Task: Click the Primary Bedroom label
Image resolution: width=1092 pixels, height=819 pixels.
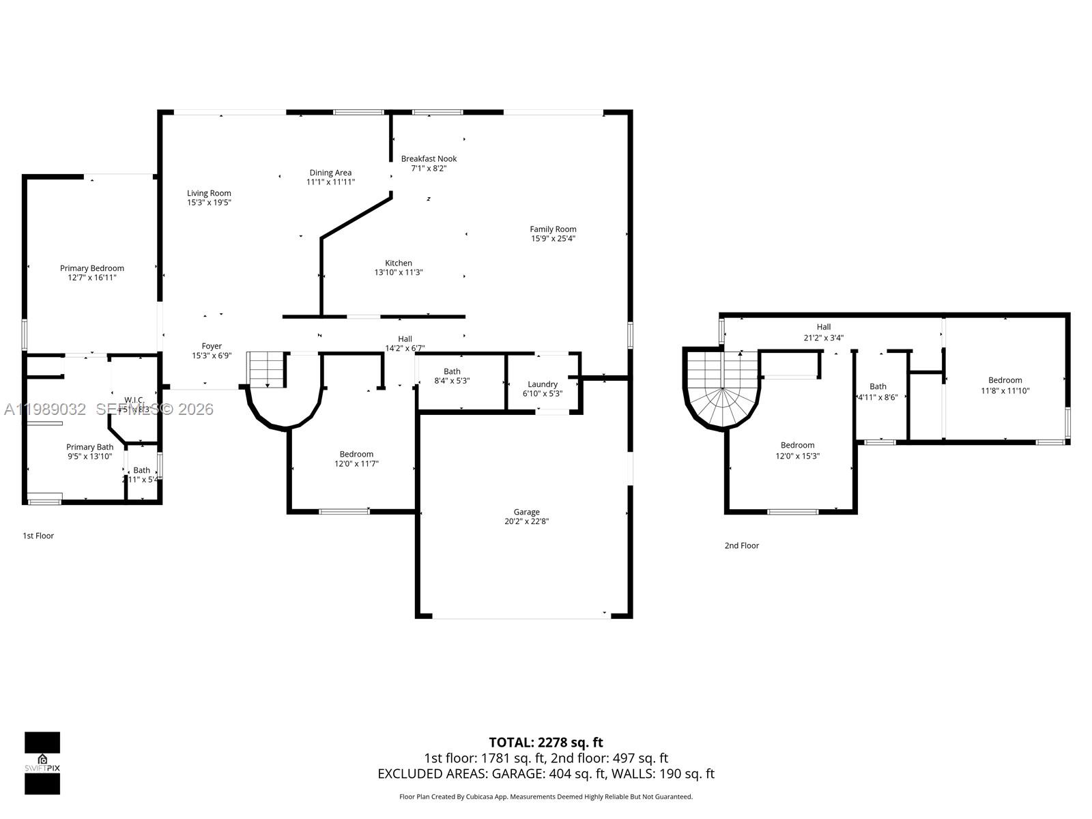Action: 92,268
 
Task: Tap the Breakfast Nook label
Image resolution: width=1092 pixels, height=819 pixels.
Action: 429,159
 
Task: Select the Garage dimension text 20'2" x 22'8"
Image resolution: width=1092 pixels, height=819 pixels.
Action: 526,521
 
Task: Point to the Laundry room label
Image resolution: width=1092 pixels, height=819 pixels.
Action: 543,384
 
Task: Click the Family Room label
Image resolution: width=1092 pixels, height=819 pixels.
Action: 553,229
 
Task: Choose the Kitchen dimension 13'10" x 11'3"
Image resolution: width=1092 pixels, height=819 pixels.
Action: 399,272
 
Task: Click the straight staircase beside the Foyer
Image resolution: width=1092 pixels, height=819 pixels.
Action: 265,369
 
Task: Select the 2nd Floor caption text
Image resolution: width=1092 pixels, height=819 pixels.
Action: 741,545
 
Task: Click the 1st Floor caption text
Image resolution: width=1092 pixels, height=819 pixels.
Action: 38,536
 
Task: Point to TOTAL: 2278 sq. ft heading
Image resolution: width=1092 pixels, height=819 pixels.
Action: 545,742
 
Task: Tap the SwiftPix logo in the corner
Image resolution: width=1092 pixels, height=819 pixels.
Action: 42,763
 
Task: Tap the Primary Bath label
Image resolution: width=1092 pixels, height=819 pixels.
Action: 89,447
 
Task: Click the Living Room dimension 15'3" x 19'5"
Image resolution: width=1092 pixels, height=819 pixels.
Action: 209,203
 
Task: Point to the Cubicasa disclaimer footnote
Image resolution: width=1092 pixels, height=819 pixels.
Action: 545,796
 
